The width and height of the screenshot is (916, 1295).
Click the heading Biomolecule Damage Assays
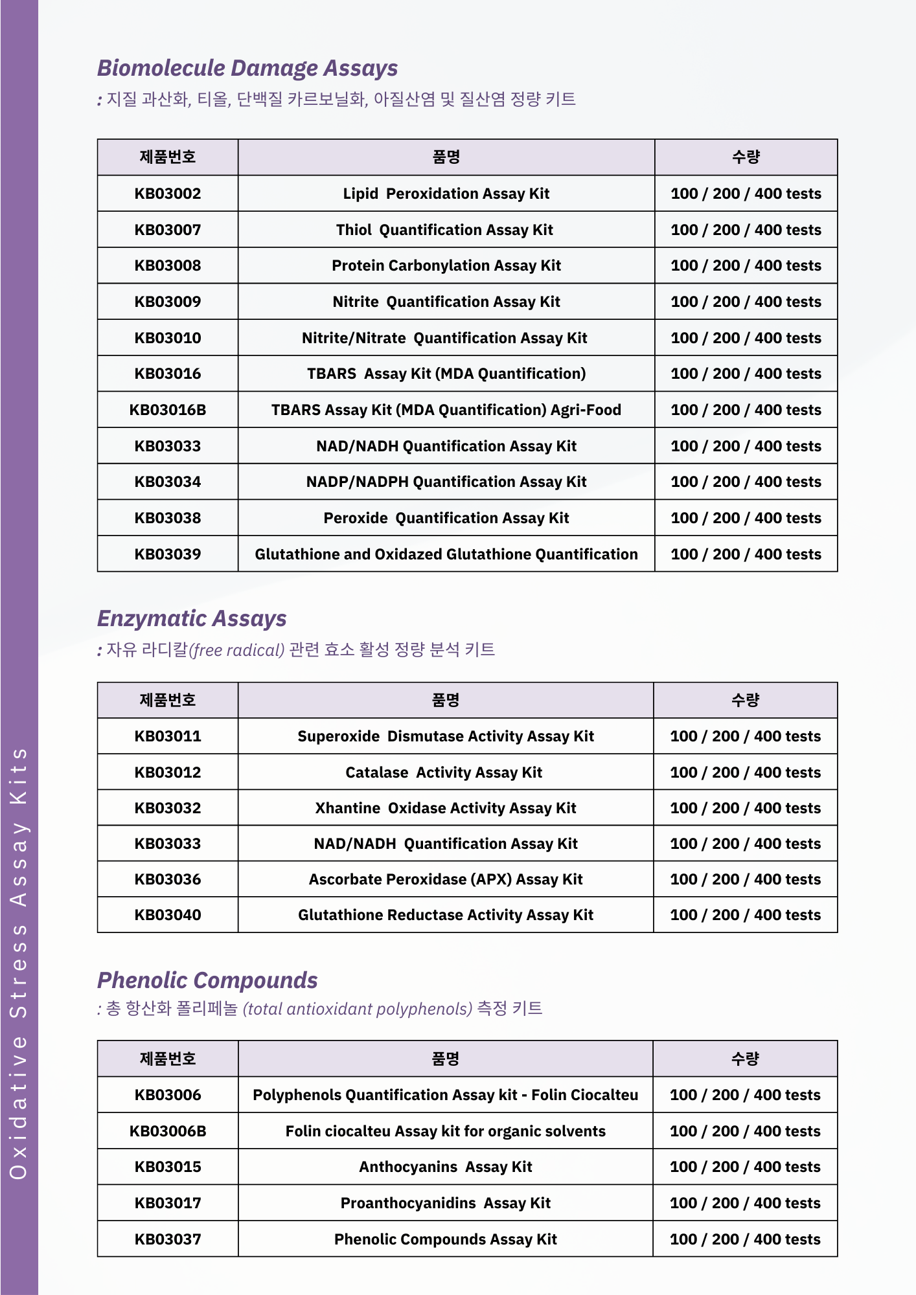coord(247,68)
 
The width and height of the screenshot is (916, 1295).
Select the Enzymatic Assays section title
coord(192,618)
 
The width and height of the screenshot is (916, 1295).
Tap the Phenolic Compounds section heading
coord(207,980)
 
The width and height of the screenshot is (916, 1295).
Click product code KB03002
coord(168,194)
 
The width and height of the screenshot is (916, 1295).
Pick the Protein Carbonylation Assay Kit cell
coord(446,265)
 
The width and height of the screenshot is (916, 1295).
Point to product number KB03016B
coord(168,410)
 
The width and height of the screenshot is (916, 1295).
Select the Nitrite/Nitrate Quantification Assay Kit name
coord(444,338)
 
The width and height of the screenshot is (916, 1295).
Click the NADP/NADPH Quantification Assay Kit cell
coord(446,482)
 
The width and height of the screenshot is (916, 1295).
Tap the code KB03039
coord(168,554)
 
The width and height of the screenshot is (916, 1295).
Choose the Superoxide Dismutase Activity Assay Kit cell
coord(446,736)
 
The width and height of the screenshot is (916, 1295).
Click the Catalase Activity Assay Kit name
coord(444,772)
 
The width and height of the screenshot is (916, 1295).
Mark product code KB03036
coord(168,879)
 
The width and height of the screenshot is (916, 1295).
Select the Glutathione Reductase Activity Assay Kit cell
coord(446,915)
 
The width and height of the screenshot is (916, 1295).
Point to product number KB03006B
coord(168,1131)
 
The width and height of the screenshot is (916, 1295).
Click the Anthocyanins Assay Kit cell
coord(446,1167)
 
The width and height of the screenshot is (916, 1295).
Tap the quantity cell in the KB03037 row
coord(745,1239)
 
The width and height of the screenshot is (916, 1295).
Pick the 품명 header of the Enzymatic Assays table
coord(446,700)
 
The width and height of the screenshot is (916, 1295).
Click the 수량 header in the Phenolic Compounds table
coord(745,1059)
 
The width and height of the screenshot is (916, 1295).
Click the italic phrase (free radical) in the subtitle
coord(236,650)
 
